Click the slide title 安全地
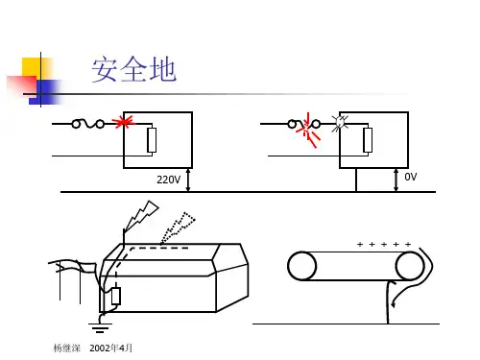(x=133, y=69)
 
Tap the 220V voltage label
(x=168, y=180)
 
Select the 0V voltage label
(x=411, y=177)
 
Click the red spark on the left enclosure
(x=124, y=122)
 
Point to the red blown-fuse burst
(x=308, y=131)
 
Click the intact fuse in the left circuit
(x=88, y=124)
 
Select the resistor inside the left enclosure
(x=152, y=140)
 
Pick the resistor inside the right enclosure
(x=368, y=140)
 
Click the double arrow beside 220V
(x=188, y=180)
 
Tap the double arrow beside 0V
(x=396, y=180)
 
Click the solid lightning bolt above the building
(x=141, y=215)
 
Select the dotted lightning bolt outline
(x=178, y=228)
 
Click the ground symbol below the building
(x=100, y=327)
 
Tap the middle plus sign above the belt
(x=384, y=245)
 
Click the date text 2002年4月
(x=110, y=348)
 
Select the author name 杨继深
(x=67, y=348)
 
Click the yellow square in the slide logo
(x=36, y=67)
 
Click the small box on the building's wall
(x=116, y=296)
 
